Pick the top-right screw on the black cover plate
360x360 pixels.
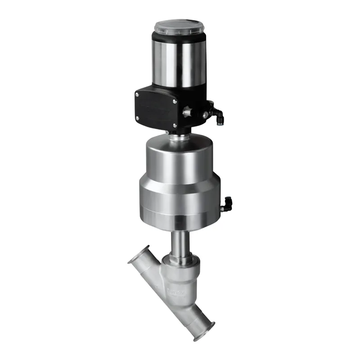point(175,101)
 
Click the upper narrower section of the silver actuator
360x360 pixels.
point(179,157)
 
